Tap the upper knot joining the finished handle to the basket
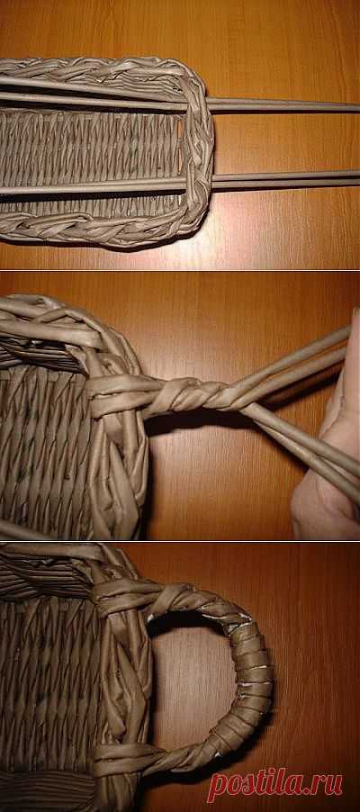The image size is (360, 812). (x=139, y=596)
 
